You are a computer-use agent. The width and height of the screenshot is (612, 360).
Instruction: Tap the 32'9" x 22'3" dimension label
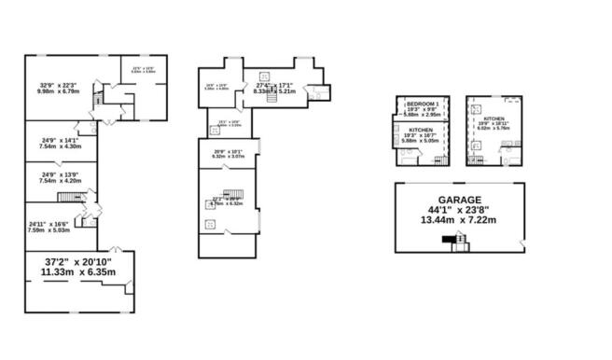click(57, 86)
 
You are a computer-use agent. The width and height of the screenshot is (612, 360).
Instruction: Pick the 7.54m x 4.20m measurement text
click(62, 180)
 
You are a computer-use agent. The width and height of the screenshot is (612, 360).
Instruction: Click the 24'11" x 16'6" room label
click(49, 224)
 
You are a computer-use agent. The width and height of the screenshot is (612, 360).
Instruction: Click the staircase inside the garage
click(458, 242)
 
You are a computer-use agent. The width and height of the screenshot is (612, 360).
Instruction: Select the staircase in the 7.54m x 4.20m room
click(71, 197)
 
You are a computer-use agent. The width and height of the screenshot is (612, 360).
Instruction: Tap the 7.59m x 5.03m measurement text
click(49, 231)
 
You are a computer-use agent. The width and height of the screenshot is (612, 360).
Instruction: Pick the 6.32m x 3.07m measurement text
click(227, 158)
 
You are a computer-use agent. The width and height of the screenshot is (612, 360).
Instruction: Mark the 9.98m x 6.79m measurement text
click(57, 92)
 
